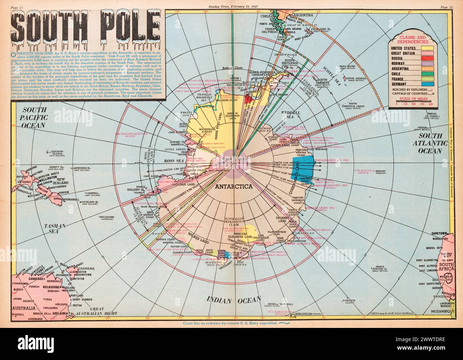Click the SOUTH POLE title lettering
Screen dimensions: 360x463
pyautogui.click(x=85, y=28)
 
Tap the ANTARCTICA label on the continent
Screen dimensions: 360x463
pyautogui.click(x=231, y=186)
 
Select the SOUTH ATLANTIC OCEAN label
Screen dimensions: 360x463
pyautogui.click(x=432, y=143)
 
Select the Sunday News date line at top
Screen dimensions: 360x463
pyautogui.click(x=231, y=7)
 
